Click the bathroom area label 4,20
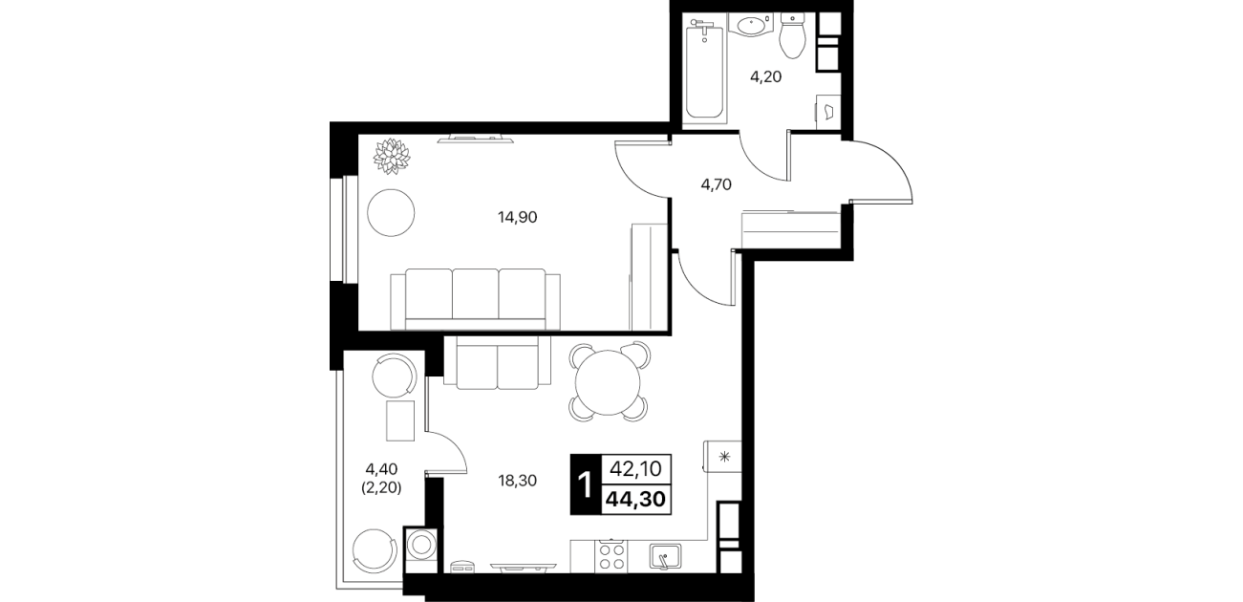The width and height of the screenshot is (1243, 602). tap(766, 77)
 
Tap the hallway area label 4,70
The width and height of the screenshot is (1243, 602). tap(717, 184)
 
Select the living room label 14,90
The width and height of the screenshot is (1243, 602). tap(517, 218)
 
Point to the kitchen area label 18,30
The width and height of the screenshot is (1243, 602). tap(517, 481)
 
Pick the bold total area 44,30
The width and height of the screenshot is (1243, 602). tap(636, 500)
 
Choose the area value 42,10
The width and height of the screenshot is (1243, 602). tap(636, 469)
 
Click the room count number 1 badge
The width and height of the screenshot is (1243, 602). tap(585, 484)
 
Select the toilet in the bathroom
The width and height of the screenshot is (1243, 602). tap(792, 36)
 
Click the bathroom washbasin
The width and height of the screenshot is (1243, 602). tap(751, 26)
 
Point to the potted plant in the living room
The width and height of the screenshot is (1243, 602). tap(392, 156)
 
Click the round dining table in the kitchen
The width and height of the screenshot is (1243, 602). tap(609, 382)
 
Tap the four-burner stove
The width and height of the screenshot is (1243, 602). tap(611, 556)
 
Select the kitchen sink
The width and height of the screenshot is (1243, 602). tap(666, 557)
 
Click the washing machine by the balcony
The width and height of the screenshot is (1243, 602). tap(420, 549)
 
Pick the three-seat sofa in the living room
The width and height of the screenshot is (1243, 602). tap(475, 300)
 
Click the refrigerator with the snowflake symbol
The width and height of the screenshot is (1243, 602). tap(722, 457)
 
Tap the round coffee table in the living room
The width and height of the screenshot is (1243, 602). tap(391, 213)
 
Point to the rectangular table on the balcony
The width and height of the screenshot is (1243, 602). tap(400, 420)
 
